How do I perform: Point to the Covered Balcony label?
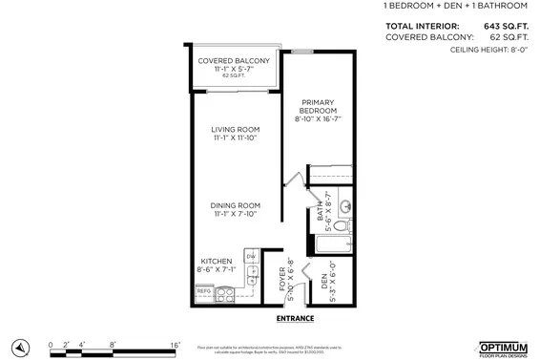pyautogui.click(x=234, y=61)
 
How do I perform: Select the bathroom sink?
pyautogui.click(x=345, y=202)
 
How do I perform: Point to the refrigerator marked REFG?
pyautogui.click(x=204, y=290)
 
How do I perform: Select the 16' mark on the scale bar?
pyautogui.click(x=176, y=343)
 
